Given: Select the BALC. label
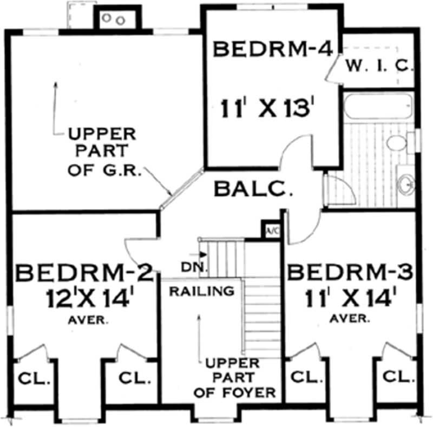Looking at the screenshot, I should pos(253,189).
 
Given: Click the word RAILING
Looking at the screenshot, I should pos(202,291).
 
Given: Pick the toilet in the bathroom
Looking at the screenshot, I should pos(396,144).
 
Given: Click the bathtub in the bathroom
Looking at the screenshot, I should pos(377,105).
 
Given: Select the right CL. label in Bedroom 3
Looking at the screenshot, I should pos(399,376).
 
